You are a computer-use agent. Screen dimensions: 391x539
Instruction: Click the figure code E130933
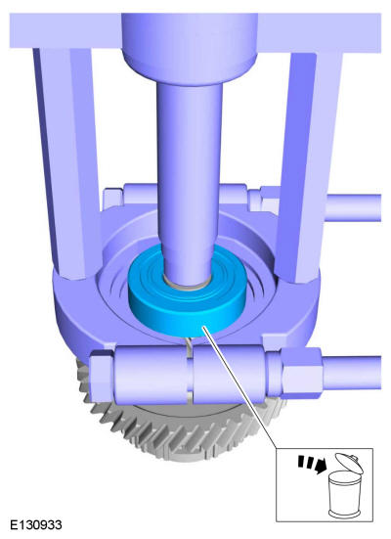(x=36, y=525)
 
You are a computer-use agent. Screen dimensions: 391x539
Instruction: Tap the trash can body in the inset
(x=345, y=494)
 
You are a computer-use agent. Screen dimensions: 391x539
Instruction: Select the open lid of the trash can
(x=349, y=464)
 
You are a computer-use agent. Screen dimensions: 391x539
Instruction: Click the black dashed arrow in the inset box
(x=313, y=465)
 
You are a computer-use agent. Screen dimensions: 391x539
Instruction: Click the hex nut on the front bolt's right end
(x=301, y=373)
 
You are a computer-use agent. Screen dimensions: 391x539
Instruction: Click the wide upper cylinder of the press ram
(x=190, y=46)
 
